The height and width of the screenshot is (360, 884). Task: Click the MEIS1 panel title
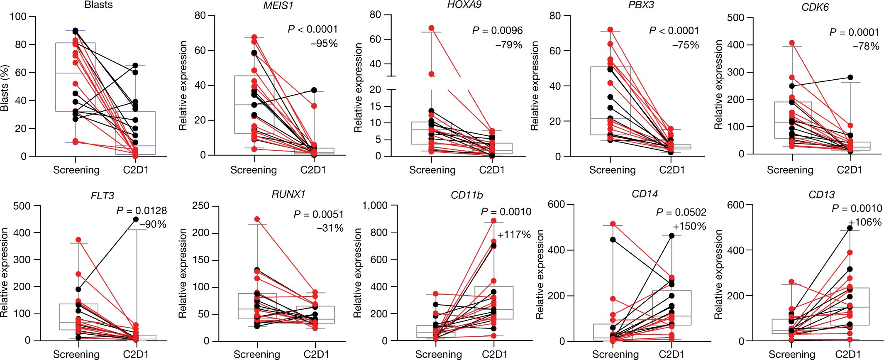[277, 5]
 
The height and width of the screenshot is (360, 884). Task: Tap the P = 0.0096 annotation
[497, 30]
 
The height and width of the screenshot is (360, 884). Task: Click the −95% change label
[324, 44]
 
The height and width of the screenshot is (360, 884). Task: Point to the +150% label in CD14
[689, 226]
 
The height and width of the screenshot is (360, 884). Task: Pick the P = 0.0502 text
[681, 212]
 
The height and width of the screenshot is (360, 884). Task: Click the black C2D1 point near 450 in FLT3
[136, 219]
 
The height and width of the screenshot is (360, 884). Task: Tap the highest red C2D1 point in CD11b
[494, 221]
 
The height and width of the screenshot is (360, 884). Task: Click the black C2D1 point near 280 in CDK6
[850, 77]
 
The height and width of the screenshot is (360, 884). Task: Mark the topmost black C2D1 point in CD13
[850, 228]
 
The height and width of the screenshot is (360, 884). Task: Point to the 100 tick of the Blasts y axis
[18, 17]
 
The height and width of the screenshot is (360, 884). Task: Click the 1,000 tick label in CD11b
[375, 206]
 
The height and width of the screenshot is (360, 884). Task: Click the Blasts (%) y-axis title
[5, 88]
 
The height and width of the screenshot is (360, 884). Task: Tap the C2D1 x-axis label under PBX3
[672, 170]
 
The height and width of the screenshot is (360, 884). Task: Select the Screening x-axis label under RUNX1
[256, 354]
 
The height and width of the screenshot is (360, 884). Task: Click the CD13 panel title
[821, 194]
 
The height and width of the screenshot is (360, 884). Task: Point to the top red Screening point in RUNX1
[257, 219]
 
